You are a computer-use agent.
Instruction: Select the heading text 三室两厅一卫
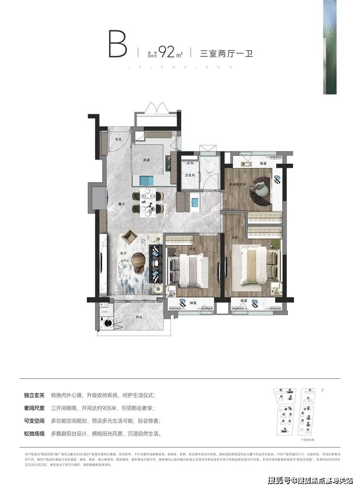pyautogui.click(x=226, y=54)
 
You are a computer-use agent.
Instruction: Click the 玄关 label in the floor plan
pyautogui.click(x=118, y=139)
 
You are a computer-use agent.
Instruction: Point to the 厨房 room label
pyautogui.click(x=147, y=160)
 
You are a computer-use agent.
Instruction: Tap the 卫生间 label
pyautogui.click(x=189, y=175)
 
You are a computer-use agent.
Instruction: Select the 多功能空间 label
pyautogui.click(x=238, y=185)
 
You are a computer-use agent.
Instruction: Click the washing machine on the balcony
pyautogui.click(x=105, y=323)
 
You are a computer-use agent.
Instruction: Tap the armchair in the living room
pyautogui.click(x=129, y=237)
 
